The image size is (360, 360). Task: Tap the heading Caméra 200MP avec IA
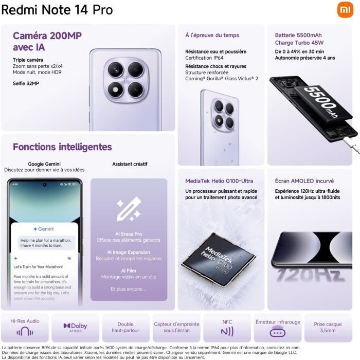(x=47, y=41)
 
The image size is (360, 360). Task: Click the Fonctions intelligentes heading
(x=62, y=147)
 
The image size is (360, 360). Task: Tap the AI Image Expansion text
(x=129, y=253)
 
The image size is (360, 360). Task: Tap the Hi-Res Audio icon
(x=25, y=332)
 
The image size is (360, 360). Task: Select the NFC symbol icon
(x=227, y=331)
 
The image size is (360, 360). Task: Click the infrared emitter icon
(x=278, y=332)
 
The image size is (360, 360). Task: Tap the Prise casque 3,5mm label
(x=328, y=328)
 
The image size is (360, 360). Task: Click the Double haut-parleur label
(x=125, y=328)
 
